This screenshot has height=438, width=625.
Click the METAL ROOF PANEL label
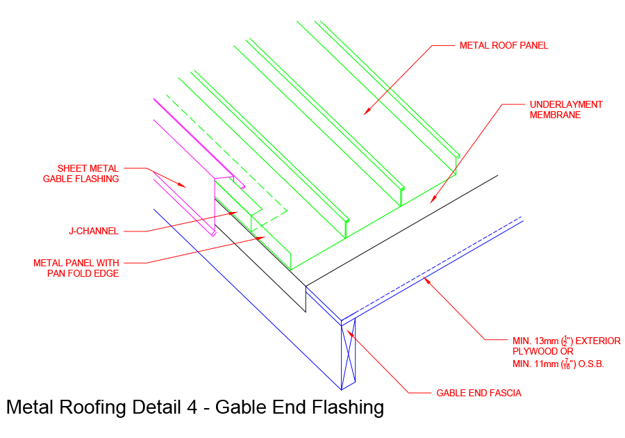coord(503,46)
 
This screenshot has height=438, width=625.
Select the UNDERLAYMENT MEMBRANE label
coord(566,110)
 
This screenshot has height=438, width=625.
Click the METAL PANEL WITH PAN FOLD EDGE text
coord(76,268)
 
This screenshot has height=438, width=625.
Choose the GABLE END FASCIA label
coord(478,393)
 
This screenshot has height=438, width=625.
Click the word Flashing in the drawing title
coord(347,407)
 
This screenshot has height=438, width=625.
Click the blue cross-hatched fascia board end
coord(348,355)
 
